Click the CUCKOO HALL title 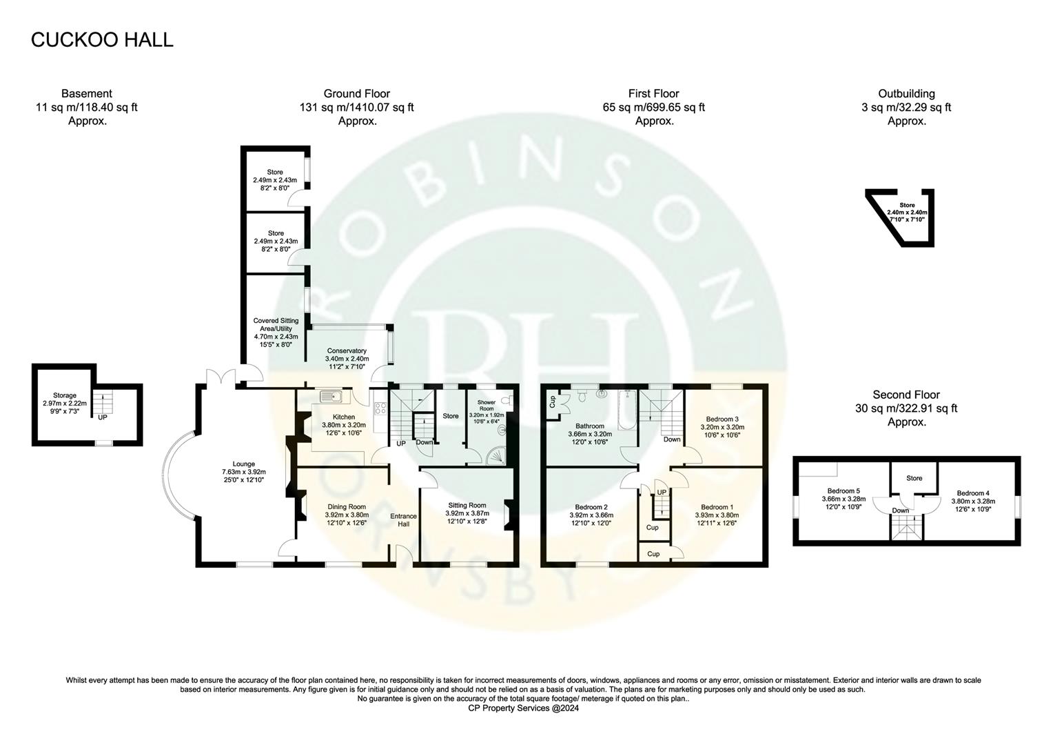(102, 40)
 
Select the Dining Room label (346, 506)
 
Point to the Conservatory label (347, 351)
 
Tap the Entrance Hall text (403, 520)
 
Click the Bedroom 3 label (722, 419)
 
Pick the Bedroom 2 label (591, 506)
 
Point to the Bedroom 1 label (717, 506)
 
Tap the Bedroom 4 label (972, 493)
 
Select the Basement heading (86, 94)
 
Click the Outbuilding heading (906, 94)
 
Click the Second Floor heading (906, 395)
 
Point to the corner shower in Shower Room (497, 455)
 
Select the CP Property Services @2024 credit (523, 708)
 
